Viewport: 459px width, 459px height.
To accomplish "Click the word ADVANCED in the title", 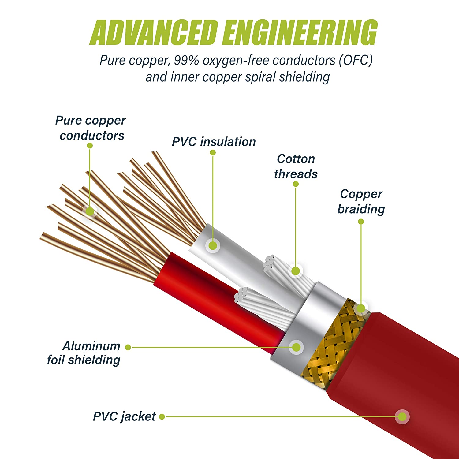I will [154, 32].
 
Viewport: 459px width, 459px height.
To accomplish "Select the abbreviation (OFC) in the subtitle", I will [356, 61].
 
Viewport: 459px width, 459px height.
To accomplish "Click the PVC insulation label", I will [214, 142].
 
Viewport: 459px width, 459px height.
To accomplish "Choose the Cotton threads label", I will [296, 166].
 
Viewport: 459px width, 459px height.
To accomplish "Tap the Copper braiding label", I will [361, 201].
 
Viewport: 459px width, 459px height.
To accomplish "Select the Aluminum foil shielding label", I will [84, 353].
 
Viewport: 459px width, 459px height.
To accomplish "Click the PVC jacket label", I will [124, 416].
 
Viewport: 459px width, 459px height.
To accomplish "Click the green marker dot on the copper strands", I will [90, 211].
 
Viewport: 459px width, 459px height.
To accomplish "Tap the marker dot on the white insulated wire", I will [213, 245].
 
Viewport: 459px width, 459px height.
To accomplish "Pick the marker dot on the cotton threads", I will [296, 271].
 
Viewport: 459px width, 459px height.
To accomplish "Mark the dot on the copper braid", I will [361, 308].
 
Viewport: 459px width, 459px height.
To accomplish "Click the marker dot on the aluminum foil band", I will [296, 347].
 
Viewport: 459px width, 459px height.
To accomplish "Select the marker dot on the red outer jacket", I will [402, 416].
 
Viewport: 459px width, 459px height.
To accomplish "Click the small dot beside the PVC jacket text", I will [162, 416].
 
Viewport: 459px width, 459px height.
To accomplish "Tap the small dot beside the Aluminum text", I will [128, 347].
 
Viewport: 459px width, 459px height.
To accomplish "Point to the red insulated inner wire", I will [214, 294].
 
